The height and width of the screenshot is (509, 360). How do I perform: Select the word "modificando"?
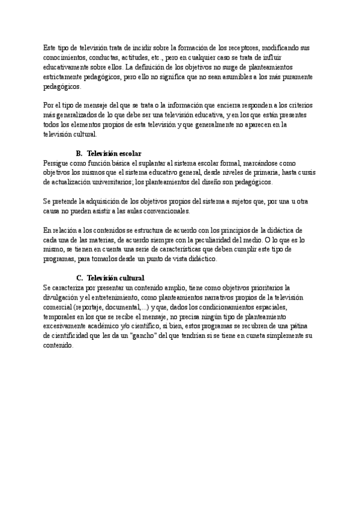coord(283,47)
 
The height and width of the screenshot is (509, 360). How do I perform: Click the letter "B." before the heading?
coord(79,154)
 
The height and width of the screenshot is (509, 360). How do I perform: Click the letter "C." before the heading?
coord(79,279)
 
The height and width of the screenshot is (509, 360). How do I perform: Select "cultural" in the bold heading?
coord(130,279)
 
